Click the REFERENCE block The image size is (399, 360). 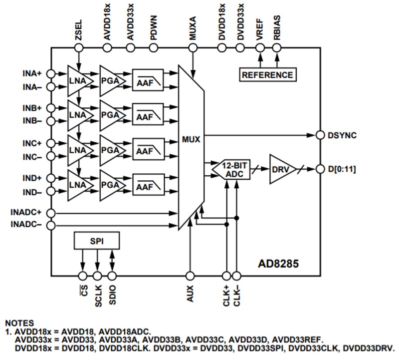[267, 75]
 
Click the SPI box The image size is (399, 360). [96, 241]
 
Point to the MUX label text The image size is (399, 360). [191, 139]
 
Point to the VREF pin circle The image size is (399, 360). [259, 48]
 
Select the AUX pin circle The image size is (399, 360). [190, 275]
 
